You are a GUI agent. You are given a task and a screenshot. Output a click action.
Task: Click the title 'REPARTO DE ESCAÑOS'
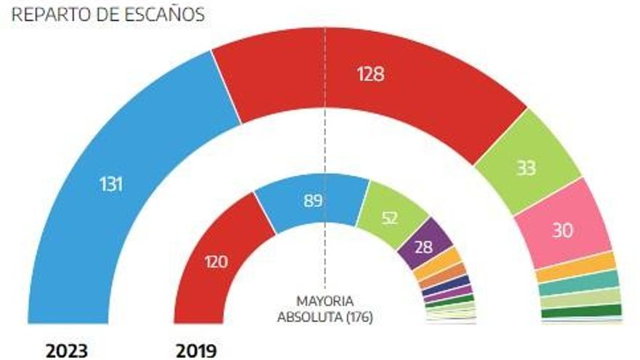[x=108, y=14]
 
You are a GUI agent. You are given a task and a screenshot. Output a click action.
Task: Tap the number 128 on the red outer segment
[x=370, y=74]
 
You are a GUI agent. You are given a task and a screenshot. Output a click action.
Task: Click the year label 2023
[x=67, y=351]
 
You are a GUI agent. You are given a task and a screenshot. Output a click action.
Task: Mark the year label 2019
[x=196, y=351]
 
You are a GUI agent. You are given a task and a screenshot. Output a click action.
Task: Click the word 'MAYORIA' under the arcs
[x=324, y=300]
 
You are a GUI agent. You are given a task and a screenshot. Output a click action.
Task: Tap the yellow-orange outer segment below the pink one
[x=576, y=268]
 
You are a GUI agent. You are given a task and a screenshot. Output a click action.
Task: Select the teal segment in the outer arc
[x=580, y=284]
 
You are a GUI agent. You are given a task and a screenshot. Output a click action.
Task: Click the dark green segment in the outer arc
[x=582, y=312]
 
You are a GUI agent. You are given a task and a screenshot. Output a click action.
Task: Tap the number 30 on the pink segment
[x=561, y=231]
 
